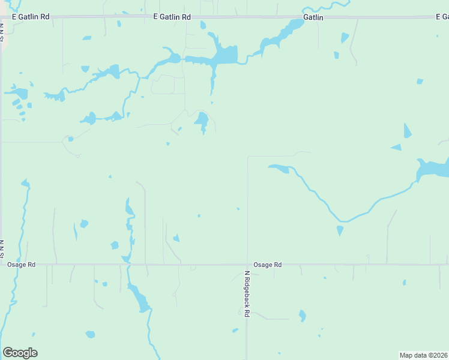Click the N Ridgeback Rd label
[x=246, y=293]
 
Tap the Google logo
[x=20, y=353]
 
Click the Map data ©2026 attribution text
[x=423, y=355]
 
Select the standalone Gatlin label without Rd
[x=313, y=17]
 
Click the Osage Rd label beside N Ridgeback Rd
[x=267, y=265]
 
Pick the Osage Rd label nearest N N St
[x=21, y=265]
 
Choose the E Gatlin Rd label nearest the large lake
[x=172, y=17]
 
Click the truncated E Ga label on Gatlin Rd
[x=442, y=17]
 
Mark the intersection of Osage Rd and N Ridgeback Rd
[x=247, y=265]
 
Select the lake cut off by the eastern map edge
[x=433, y=169]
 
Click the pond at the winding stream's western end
[x=279, y=168]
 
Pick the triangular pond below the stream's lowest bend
[x=340, y=230]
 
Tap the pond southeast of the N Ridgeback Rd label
[x=303, y=315]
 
